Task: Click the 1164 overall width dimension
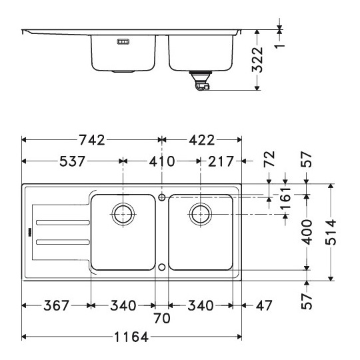click(x=131, y=337)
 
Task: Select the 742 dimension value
click(x=92, y=140)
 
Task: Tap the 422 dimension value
click(x=202, y=140)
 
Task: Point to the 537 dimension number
click(x=72, y=161)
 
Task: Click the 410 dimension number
click(x=162, y=161)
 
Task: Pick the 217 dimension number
click(x=221, y=161)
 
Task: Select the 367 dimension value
click(x=56, y=305)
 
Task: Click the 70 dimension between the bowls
click(x=162, y=318)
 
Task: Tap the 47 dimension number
click(x=264, y=305)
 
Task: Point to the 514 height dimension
click(x=331, y=232)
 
